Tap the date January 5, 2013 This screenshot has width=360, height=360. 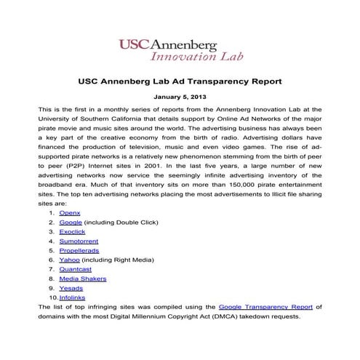click(179, 97)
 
